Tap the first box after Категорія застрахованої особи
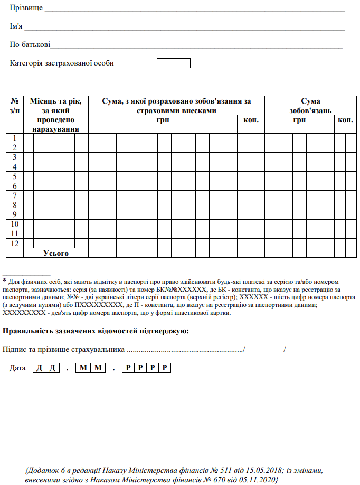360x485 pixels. click(165, 63)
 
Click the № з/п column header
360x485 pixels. click(15, 106)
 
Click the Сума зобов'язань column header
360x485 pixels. click(310, 106)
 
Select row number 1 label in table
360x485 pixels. click(15, 138)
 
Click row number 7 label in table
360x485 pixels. click(15, 195)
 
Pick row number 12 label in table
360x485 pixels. click(15, 243)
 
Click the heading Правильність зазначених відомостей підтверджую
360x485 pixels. click(96, 331)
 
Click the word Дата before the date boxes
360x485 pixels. click(18, 368)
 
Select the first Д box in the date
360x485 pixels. click(39, 368)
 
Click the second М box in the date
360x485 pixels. click(97, 368)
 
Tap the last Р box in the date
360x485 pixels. click(166, 368)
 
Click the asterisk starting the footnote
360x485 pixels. click(5, 281)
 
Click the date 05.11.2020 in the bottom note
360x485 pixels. click(259, 480)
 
